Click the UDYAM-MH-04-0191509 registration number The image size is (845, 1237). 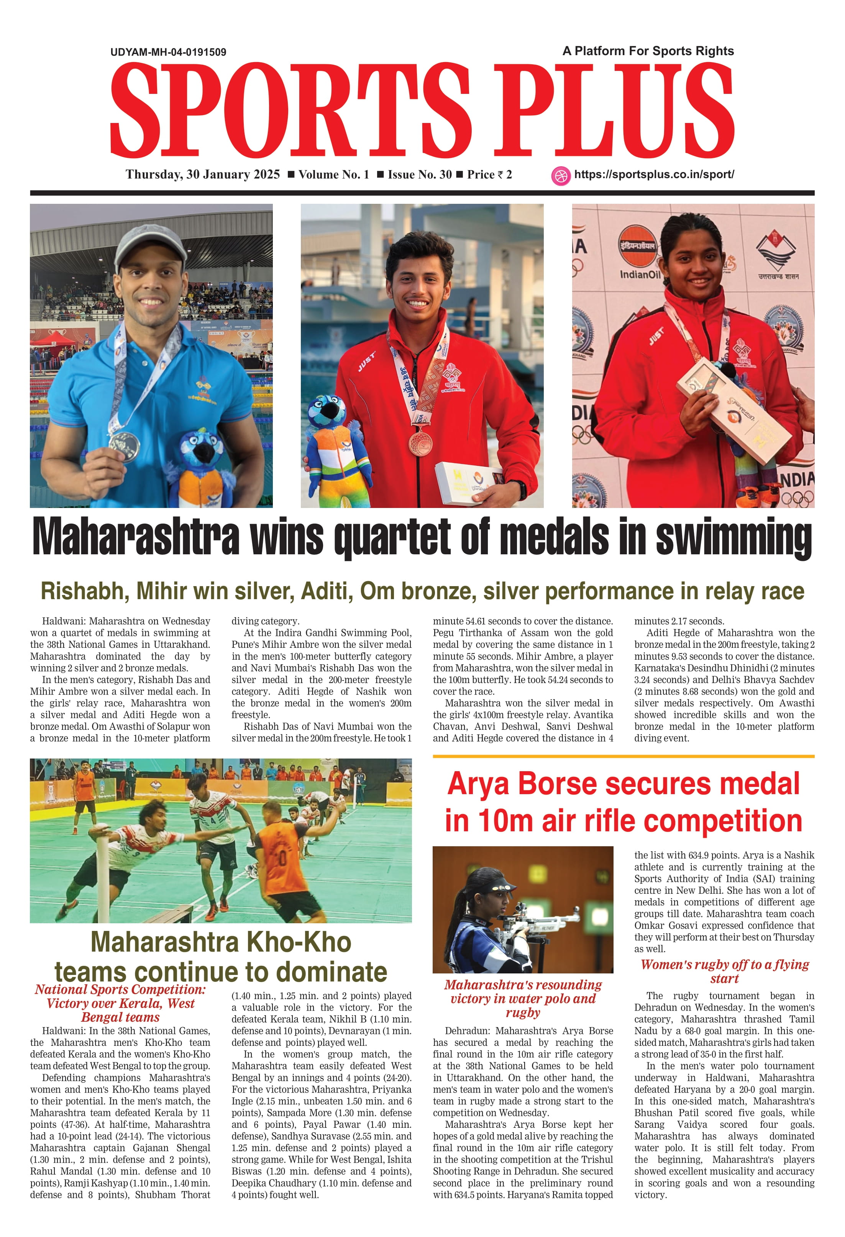pyautogui.click(x=168, y=52)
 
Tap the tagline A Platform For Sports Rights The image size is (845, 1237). pyautogui.click(x=648, y=51)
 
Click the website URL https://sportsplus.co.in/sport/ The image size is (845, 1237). pyautogui.click(x=654, y=175)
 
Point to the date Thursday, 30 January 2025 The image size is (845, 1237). pyautogui.click(x=202, y=175)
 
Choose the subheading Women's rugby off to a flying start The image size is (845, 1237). pyautogui.click(x=724, y=972)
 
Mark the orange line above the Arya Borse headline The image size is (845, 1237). pyautogui.click(x=623, y=756)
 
